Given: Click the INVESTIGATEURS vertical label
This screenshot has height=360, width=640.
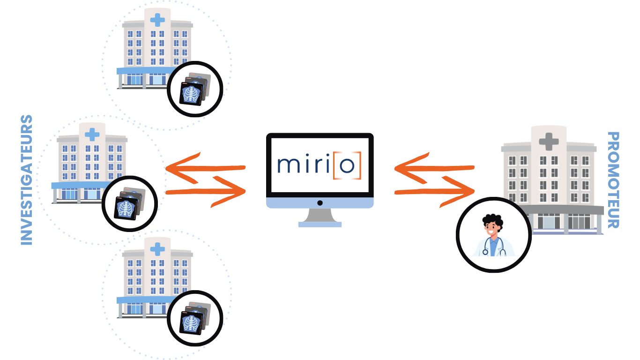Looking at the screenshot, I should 27,180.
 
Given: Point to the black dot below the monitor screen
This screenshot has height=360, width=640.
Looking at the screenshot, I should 320,203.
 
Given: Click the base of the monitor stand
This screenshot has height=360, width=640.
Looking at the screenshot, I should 320,224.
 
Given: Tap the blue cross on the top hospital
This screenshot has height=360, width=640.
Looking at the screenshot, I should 157,20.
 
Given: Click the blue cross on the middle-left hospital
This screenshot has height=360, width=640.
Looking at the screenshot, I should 92,135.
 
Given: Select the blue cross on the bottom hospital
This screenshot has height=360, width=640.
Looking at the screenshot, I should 157,249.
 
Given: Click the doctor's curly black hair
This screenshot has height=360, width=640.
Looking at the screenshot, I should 492,220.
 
